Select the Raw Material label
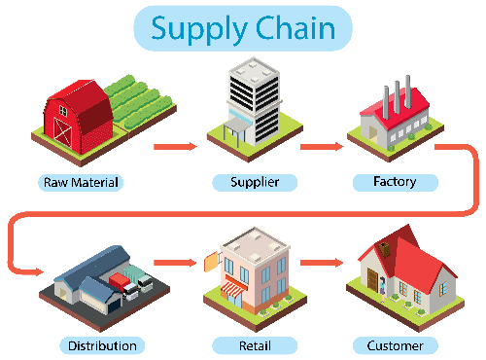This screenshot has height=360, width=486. pyautogui.click(x=83, y=182)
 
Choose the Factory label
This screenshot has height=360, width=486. pyautogui.click(x=395, y=182)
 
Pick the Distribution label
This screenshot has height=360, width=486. pyautogui.click(x=102, y=345)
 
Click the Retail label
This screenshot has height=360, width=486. pyautogui.click(x=255, y=345)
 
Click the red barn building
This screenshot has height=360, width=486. pyautogui.click(x=78, y=115)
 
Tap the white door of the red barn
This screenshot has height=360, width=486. pyautogui.click(x=65, y=129)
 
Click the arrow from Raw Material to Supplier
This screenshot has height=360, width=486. pyautogui.click(x=175, y=147)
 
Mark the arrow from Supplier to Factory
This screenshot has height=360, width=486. pyautogui.click(x=321, y=147)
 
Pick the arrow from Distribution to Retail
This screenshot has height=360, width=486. pyautogui.click(x=175, y=262)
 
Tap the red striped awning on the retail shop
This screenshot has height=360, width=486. pyautogui.click(x=236, y=289)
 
